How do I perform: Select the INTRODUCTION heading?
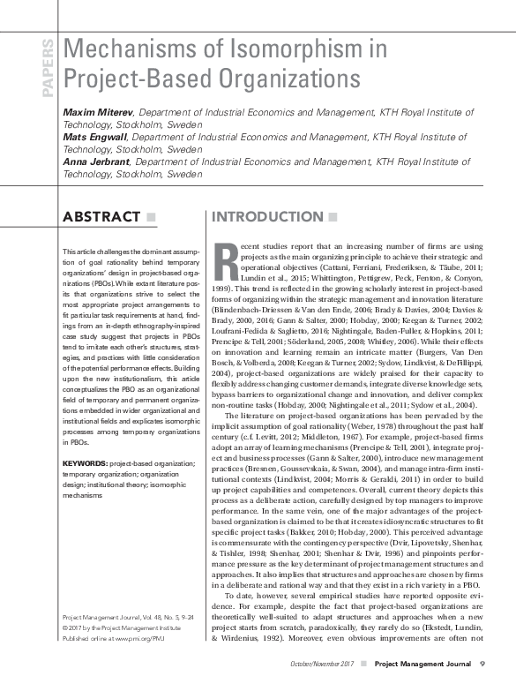tap(280, 217)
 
